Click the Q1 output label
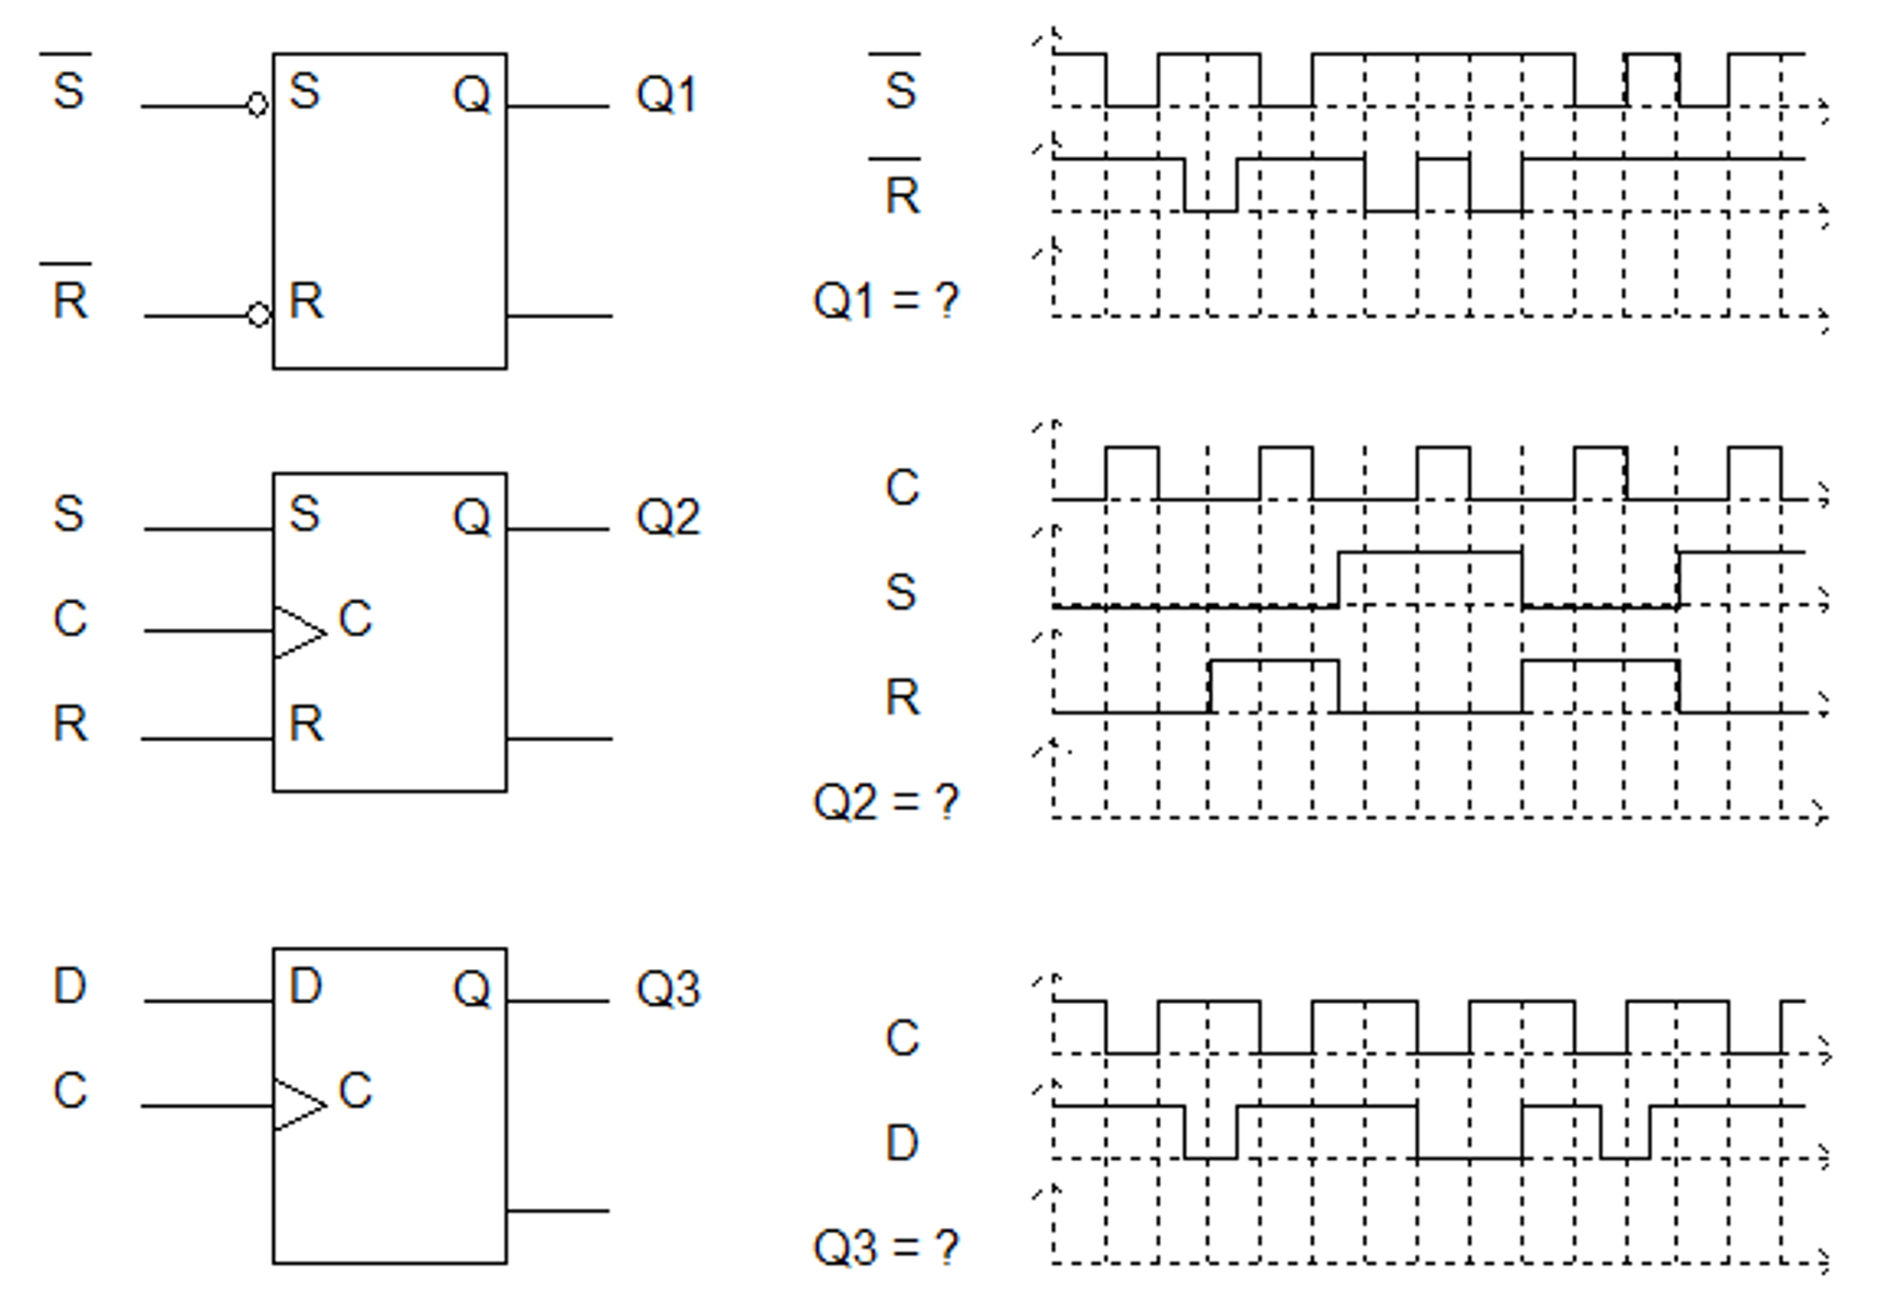click(667, 95)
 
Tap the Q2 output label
click(668, 517)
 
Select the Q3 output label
click(668, 990)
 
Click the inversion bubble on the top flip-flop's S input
click(257, 105)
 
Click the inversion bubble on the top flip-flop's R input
click(259, 315)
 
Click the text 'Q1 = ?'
click(885, 302)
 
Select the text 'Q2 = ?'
click(885, 802)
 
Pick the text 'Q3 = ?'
click(885, 1248)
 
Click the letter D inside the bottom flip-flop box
click(305, 986)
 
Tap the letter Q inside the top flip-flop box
click(472, 94)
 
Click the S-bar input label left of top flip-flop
click(68, 87)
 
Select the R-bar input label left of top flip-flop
click(70, 297)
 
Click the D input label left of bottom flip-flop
click(70, 986)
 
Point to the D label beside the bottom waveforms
click(901, 1144)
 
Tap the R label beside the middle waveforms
click(902, 698)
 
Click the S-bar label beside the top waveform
click(899, 87)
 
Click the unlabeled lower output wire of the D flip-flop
click(558, 1211)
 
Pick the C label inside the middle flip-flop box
click(355, 619)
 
